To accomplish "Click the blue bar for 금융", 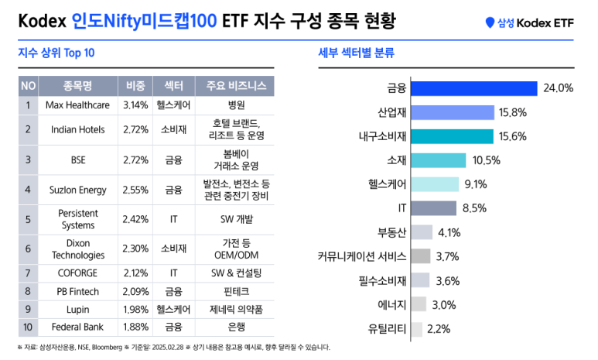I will (x=473, y=88).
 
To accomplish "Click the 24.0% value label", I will (x=558, y=88).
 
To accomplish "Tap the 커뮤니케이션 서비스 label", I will (x=361, y=256).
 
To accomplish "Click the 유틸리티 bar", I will (x=416, y=329).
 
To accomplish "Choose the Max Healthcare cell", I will (x=77, y=105).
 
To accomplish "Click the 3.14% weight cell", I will (x=135, y=105).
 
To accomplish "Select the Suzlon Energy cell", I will (x=77, y=188).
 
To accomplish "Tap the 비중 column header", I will (x=135, y=85).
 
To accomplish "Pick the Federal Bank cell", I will (x=77, y=327).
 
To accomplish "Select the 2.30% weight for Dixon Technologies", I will (x=135, y=249).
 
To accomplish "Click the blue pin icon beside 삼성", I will (x=489, y=24).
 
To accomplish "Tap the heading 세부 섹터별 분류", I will (x=356, y=53).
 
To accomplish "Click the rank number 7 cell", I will (x=27, y=273).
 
